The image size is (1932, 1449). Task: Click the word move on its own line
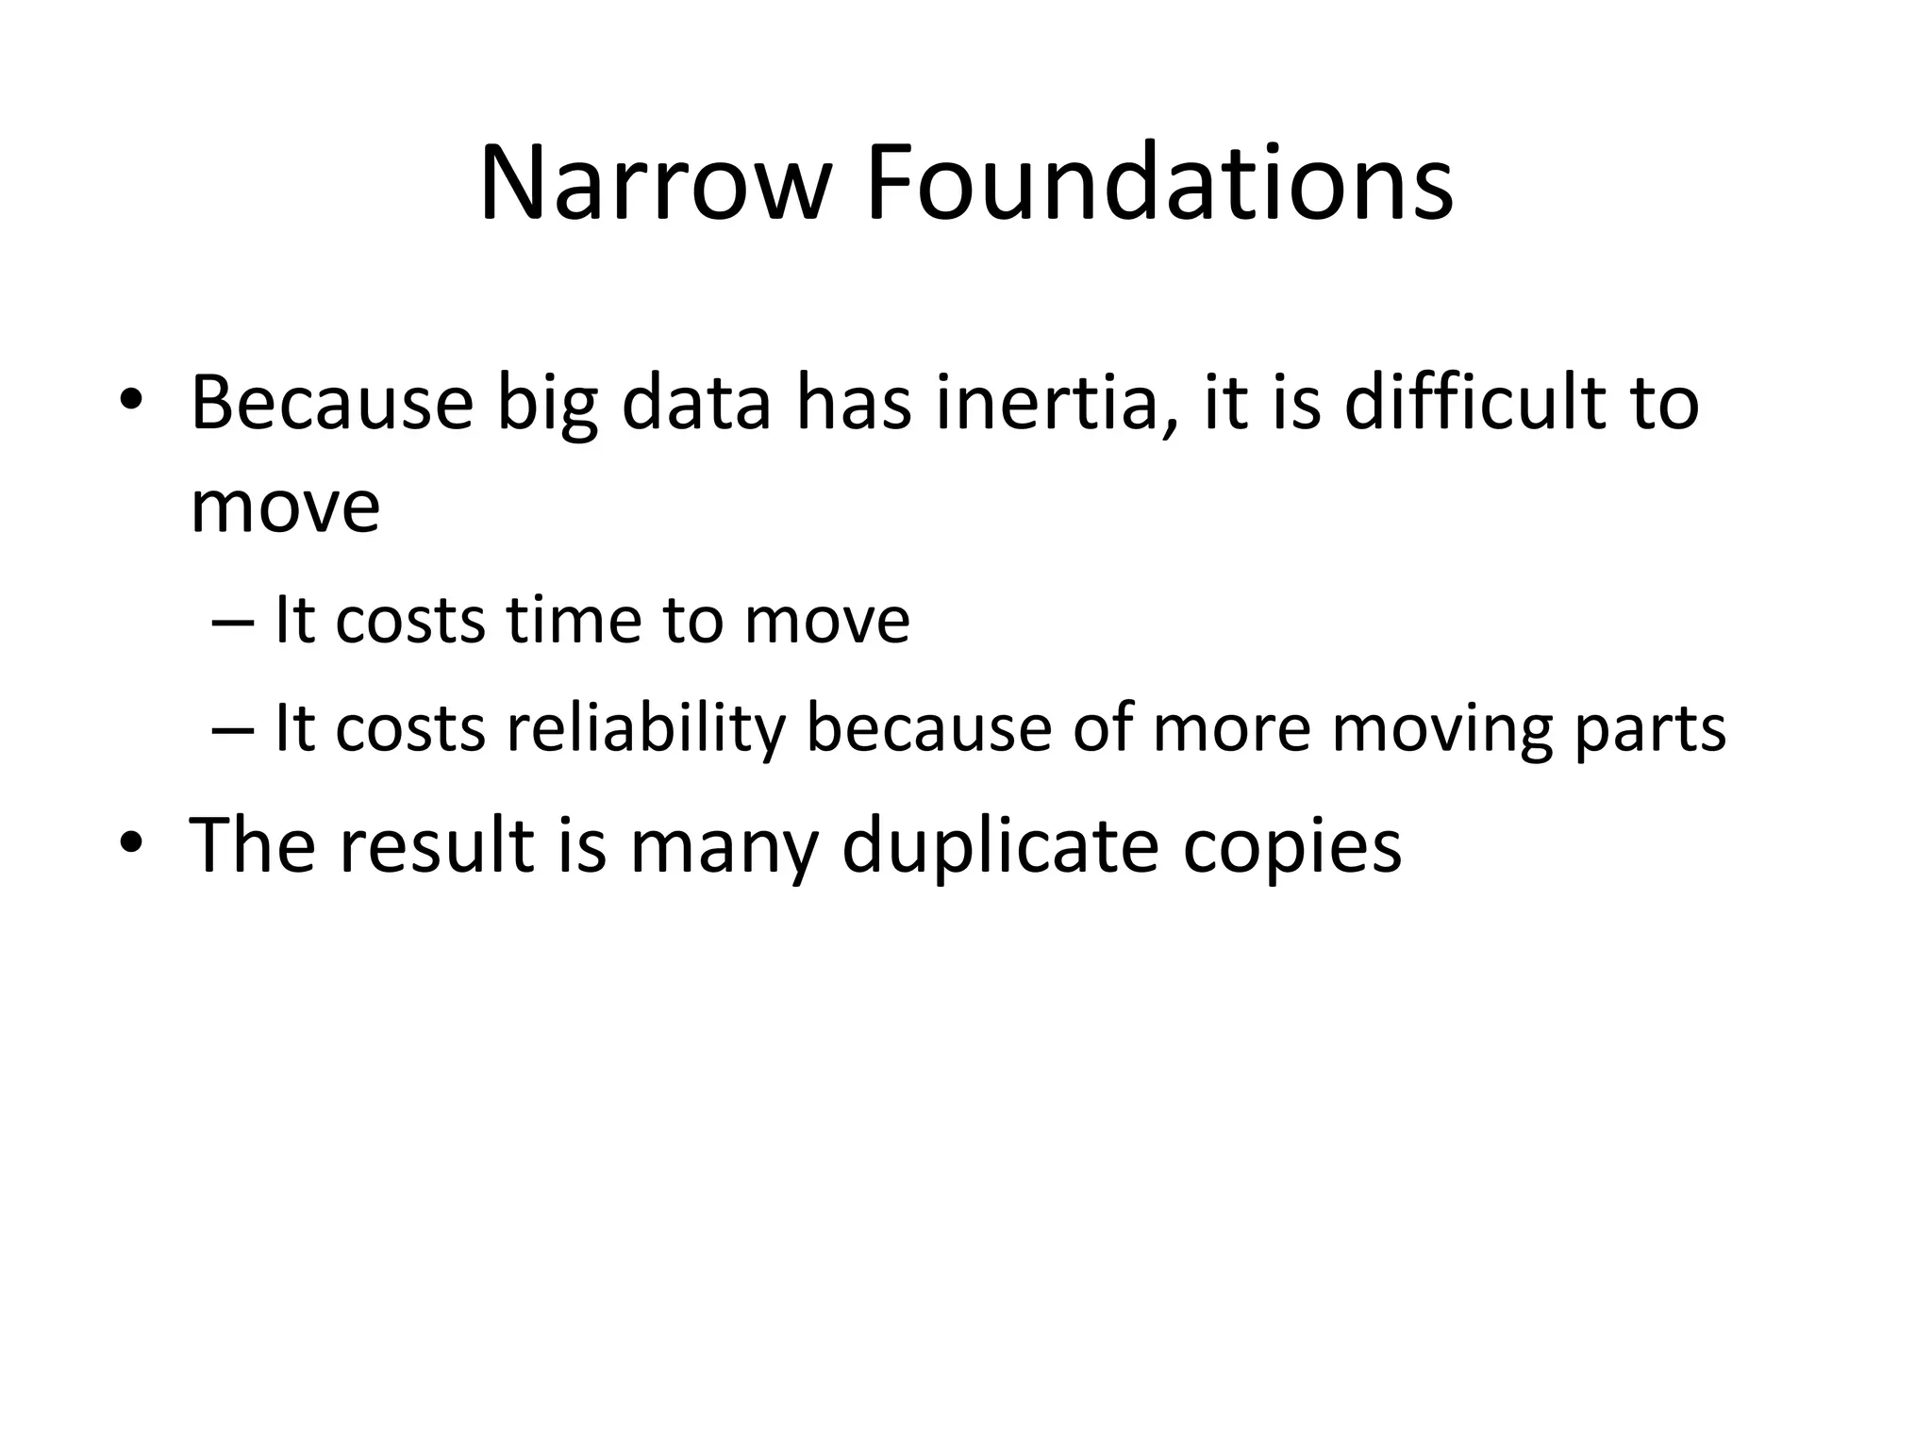(x=285, y=508)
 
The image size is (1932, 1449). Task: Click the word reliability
(x=646, y=729)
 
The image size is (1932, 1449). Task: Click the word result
(x=437, y=843)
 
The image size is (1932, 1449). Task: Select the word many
(x=724, y=845)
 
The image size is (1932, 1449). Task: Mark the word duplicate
(x=1000, y=845)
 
